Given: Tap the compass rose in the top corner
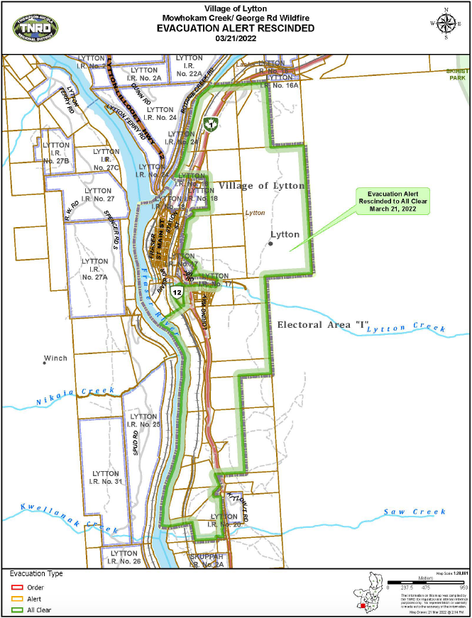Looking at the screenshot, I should (445, 23).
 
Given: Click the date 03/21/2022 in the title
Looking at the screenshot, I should (235, 40).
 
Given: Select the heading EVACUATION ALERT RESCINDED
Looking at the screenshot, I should (236, 28).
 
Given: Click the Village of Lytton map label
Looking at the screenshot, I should (261, 186).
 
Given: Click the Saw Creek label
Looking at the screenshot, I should (415, 512).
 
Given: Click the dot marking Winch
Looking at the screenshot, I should (44, 363).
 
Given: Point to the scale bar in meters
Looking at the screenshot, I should (424, 583).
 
